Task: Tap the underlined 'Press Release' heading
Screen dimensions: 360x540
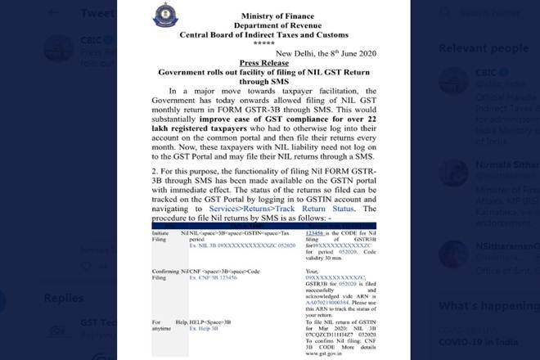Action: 268,62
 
